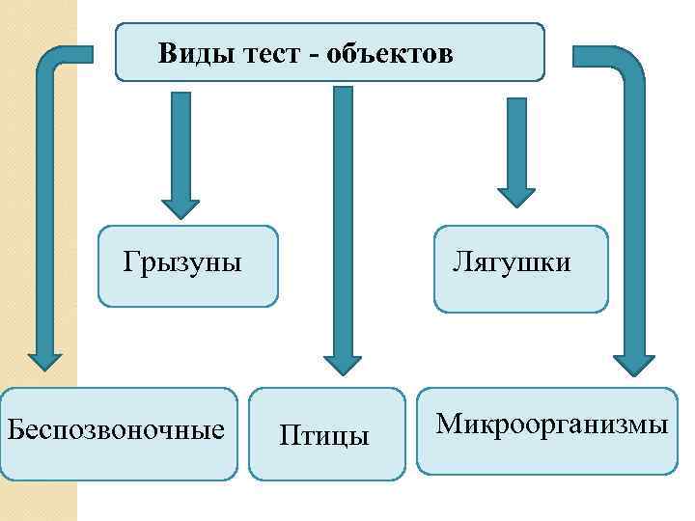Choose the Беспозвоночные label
pos(115,427)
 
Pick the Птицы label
pos(324,435)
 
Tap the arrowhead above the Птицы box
pos(342,364)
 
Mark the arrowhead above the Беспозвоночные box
pos(43,360)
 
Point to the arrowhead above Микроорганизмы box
pos(633,362)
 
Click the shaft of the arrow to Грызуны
pos(180,140)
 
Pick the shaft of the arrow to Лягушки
pos(515,135)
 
